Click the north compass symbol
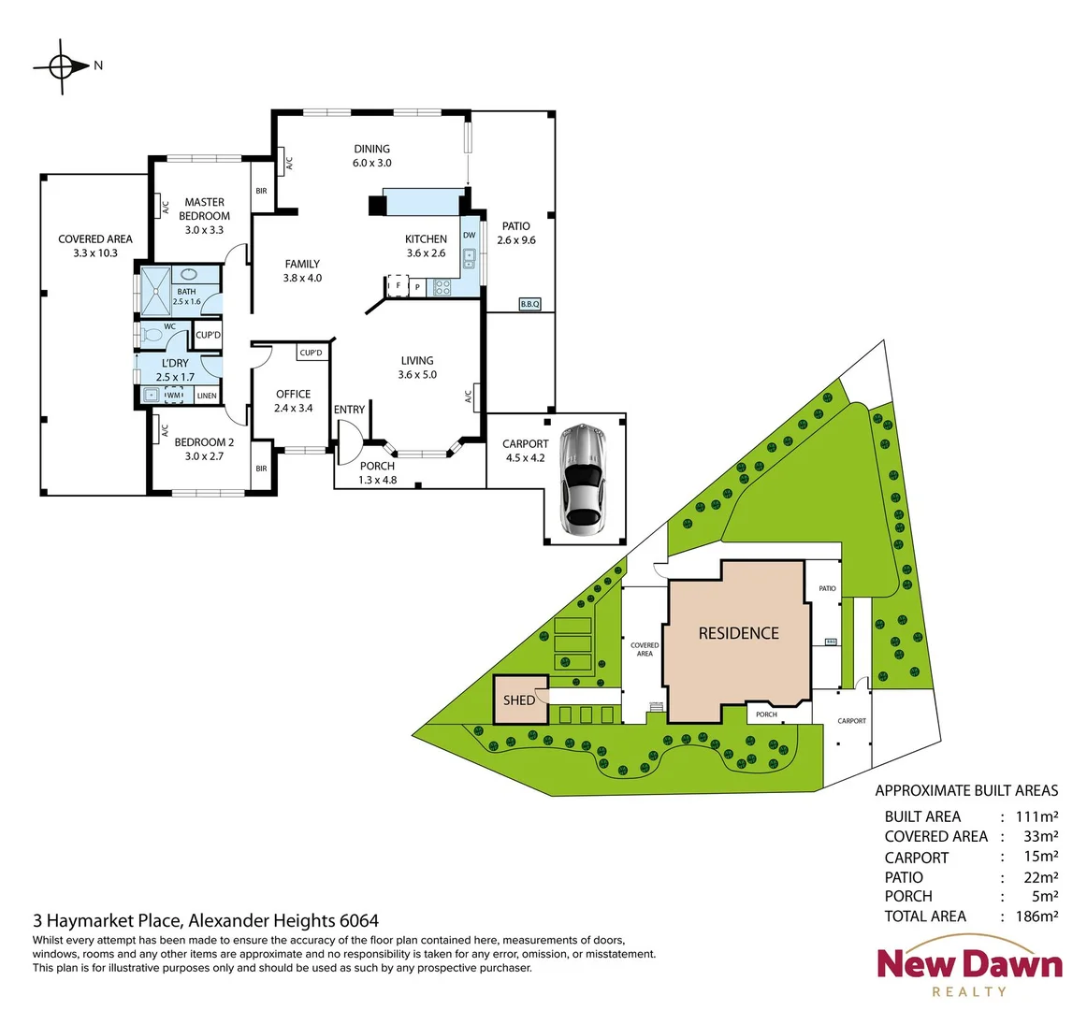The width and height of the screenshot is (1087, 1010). (x=62, y=66)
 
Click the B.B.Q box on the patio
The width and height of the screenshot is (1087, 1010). (x=529, y=304)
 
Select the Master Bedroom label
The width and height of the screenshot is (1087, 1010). (x=204, y=209)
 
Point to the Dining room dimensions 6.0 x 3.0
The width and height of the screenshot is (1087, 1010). (x=371, y=163)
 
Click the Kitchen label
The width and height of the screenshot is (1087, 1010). (x=426, y=239)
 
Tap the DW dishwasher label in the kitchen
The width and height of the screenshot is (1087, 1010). (x=469, y=236)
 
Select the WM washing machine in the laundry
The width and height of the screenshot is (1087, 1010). (x=173, y=396)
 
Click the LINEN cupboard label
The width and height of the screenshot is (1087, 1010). (x=207, y=396)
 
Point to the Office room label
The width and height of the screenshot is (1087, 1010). (x=293, y=394)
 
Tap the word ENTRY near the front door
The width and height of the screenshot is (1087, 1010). (x=349, y=410)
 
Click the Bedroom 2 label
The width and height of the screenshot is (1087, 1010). (x=204, y=442)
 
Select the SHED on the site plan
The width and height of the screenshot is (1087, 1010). (x=520, y=700)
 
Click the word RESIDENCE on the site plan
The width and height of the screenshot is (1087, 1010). (x=738, y=633)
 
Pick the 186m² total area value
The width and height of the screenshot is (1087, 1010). (x=1036, y=916)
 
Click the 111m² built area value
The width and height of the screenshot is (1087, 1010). (x=1036, y=816)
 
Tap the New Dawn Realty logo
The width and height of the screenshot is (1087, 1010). (x=969, y=973)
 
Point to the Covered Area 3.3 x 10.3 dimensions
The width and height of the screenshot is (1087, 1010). (x=94, y=252)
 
